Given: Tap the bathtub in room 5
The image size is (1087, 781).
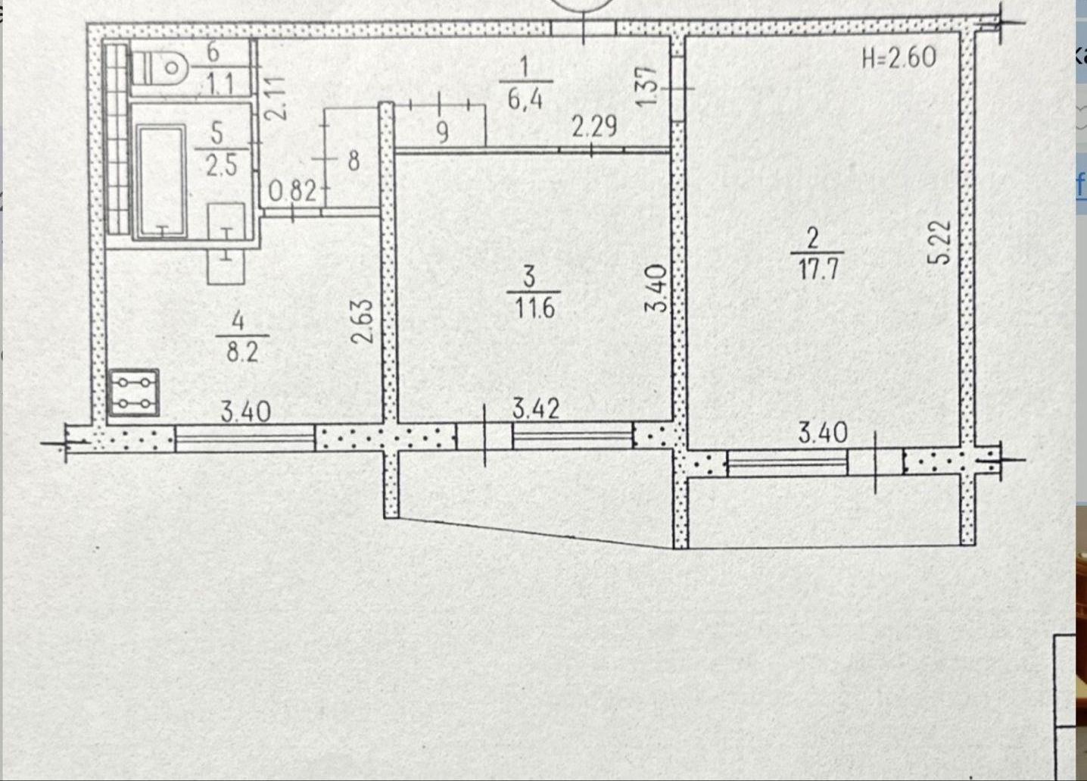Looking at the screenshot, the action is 161,182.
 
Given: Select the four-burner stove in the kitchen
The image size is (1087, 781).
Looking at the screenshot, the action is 133,393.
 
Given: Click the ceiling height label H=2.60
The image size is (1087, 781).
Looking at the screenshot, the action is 899,58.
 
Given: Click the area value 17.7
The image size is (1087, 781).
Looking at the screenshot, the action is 818,270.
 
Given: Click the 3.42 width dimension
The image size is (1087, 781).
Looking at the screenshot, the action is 536,408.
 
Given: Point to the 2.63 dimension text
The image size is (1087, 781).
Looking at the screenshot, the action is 364,321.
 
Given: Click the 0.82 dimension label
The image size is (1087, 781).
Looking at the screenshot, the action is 293,191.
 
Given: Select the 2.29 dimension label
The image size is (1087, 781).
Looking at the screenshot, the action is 594,127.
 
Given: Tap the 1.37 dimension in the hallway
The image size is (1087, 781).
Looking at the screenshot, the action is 647,86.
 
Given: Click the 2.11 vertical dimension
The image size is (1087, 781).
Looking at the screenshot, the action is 277,98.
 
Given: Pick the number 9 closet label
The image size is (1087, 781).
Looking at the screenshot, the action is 442,132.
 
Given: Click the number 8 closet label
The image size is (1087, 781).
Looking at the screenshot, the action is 354,161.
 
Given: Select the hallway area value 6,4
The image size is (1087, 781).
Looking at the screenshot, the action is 525,99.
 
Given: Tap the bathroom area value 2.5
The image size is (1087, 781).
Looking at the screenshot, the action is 221,166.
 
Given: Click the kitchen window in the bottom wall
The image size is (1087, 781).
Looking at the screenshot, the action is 245,439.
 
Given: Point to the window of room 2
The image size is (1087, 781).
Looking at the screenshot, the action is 787,463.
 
